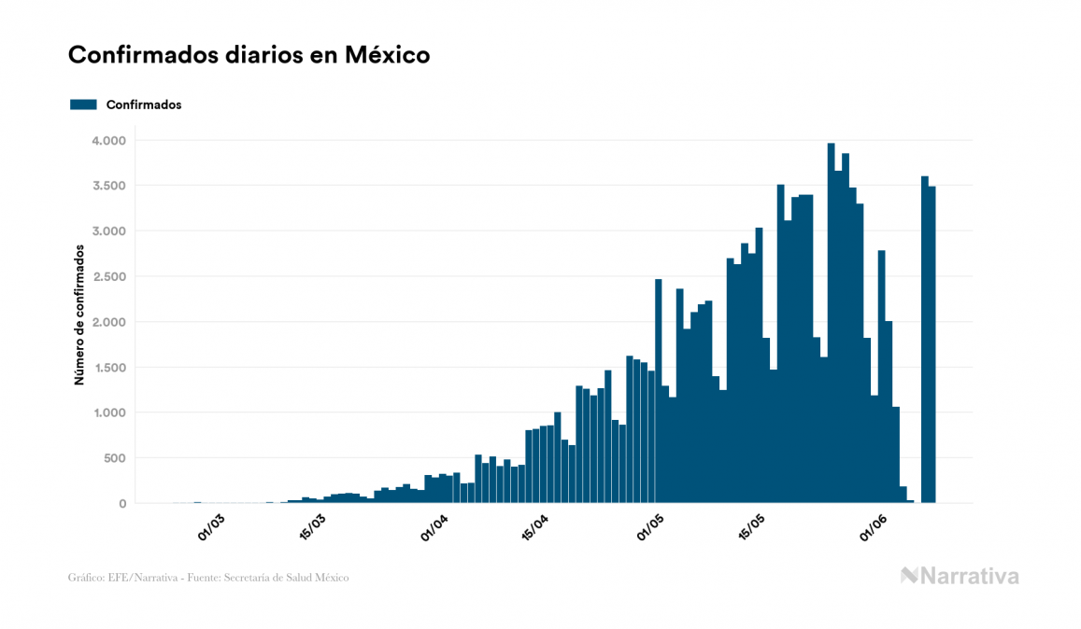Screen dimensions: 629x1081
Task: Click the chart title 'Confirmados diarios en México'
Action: pos(249,55)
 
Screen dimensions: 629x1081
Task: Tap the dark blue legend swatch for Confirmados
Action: pos(83,105)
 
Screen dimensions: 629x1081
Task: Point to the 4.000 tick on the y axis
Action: pos(107,141)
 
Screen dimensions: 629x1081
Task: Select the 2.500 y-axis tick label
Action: pos(107,277)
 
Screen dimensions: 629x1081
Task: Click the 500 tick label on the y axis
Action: pos(114,458)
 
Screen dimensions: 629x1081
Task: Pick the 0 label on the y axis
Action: pos(122,504)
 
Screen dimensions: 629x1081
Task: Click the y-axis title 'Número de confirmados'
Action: pos(80,314)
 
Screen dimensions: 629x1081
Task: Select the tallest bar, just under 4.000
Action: pos(831,327)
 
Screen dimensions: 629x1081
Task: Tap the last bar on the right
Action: pos(932,345)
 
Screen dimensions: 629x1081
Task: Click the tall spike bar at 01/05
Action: pos(658,392)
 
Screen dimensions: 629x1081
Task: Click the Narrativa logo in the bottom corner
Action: pos(960,576)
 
